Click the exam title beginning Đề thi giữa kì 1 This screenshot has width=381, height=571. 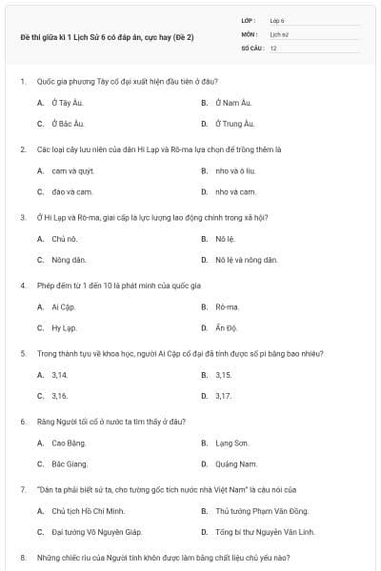107,37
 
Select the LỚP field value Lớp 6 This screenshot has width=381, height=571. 277,19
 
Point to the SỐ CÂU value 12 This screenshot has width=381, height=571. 273,47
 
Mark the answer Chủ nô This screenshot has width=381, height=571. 65,239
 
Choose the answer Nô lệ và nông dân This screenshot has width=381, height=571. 246,259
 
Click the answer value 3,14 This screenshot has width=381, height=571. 60,375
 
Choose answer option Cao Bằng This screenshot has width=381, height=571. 69,443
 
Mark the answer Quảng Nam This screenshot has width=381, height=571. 236,463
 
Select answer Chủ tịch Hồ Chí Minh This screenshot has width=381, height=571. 89,511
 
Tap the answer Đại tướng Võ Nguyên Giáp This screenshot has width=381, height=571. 96,532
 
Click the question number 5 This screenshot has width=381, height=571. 23,353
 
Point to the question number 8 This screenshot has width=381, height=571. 23,557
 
